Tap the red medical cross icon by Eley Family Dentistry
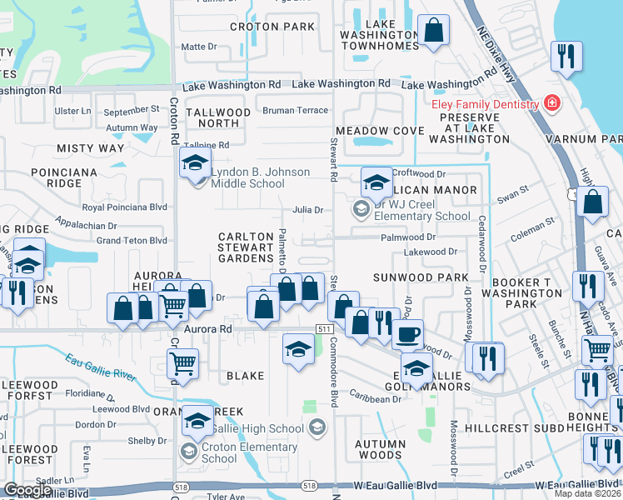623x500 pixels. (551, 103)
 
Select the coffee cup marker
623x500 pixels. (407, 334)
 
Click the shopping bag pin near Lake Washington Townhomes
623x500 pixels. (433, 32)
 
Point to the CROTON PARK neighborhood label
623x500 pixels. (272, 27)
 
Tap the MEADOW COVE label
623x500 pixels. (374, 131)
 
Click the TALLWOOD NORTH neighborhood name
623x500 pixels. (218, 117)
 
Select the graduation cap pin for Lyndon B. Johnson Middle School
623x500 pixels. (194, 162)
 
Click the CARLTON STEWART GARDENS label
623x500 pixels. (246, 247)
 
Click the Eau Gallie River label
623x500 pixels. (99, 366)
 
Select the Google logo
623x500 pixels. (27, 490)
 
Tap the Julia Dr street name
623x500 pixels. (307, 210)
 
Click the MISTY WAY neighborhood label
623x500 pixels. (90, 147)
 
